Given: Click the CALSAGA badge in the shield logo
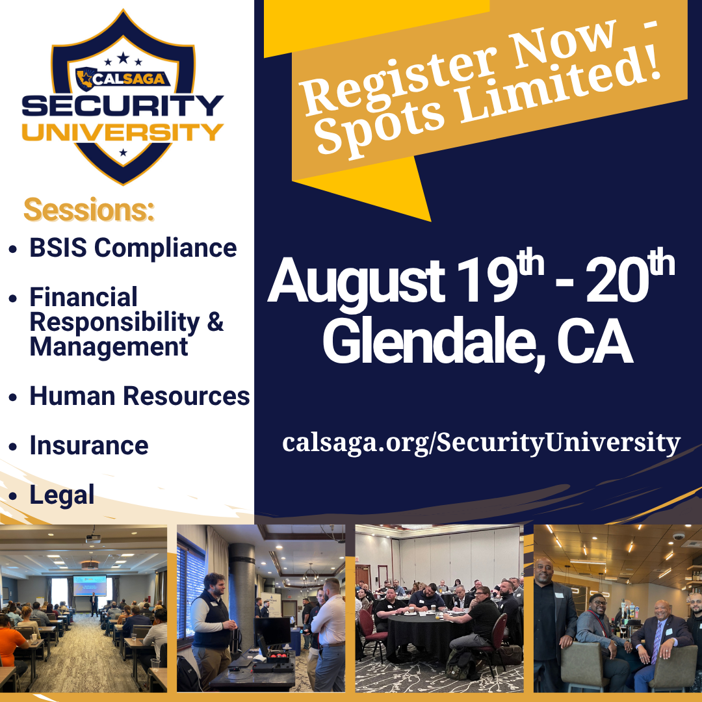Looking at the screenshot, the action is (123, 79).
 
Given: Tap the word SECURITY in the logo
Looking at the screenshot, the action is (123, 106).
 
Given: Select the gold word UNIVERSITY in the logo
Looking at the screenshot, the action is (123, 133).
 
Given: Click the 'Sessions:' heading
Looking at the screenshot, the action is (89, 209).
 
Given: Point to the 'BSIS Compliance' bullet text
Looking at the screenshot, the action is (133, 248).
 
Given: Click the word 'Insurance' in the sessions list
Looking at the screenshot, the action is (89, 445).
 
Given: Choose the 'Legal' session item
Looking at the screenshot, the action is (62, 495).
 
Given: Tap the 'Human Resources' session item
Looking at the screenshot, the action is (140, 396).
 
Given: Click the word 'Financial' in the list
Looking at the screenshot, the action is (83, 297).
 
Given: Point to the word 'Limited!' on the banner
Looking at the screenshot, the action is (558, 83).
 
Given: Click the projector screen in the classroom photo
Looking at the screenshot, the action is (90, 586).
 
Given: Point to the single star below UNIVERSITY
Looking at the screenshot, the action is (123, 153).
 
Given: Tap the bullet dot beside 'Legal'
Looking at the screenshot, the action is (13, 496).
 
